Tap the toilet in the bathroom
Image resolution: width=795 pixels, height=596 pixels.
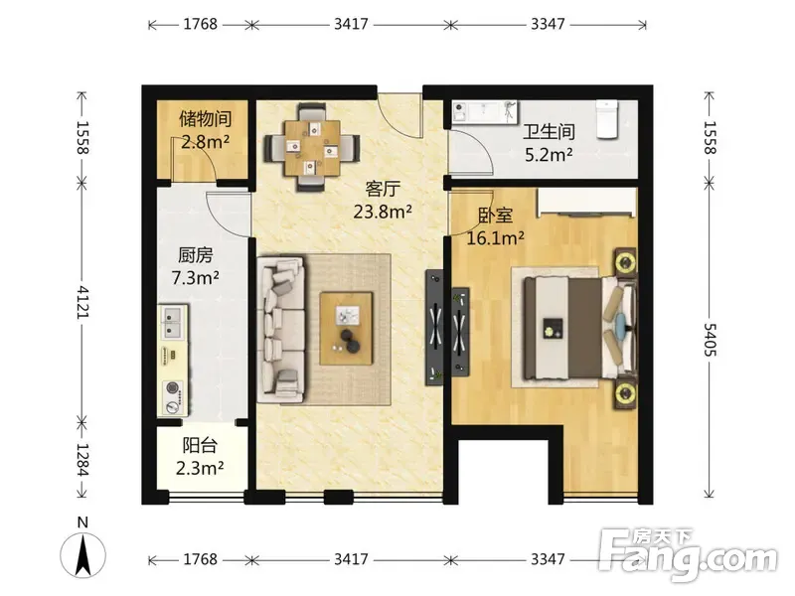tap(609, 118)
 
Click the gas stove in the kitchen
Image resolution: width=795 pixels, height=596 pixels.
tap(175, 394)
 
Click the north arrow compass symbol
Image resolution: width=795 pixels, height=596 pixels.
tap(85, 551)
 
